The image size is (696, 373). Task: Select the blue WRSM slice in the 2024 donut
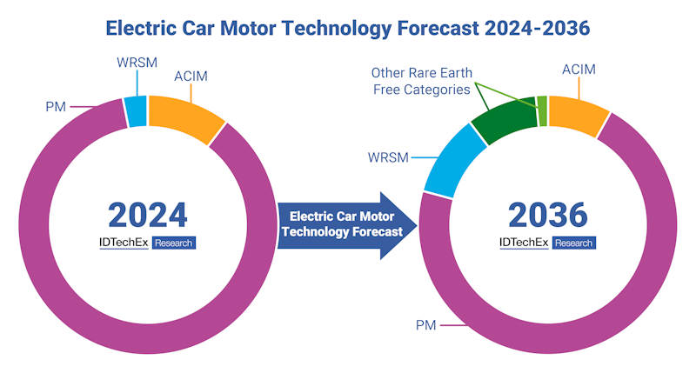(x=136, y=112)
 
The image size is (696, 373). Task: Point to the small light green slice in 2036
(x=542, y=110)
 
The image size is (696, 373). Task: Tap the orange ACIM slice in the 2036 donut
(x=575, y=116)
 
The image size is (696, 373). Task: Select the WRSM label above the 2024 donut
(x=137, y=63)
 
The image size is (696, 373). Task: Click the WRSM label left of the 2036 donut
(x=387, y=158)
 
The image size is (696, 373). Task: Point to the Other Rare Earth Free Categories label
(x=421, y=81)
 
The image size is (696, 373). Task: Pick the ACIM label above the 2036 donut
(x=578, y=70)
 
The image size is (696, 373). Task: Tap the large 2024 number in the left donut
(x=147, y=214)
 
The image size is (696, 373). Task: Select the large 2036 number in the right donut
(x=547, y=214)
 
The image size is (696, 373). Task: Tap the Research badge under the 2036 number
(x=574, y=243)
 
